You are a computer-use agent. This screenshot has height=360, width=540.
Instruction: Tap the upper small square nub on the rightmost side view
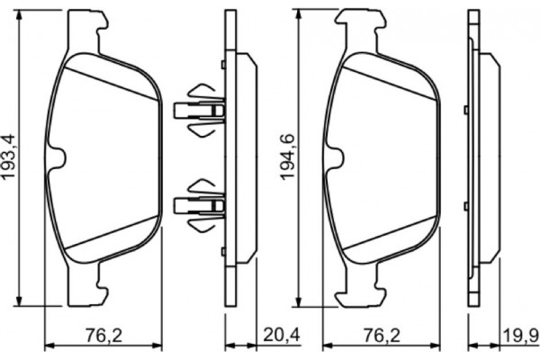point(463,111)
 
